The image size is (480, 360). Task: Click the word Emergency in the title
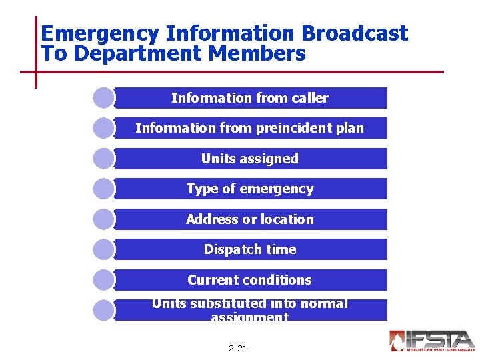tap(99, 33)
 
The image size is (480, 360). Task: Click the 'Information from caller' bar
tap(250, 98)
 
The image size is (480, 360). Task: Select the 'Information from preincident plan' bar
tap(250, 128)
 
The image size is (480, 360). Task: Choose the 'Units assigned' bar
tap(250, 159)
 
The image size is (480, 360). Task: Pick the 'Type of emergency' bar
tap(250, 189)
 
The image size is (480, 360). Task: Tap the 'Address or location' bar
tap(250, 219)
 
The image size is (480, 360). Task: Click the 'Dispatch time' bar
tap(250, 249)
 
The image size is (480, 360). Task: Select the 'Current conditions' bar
tap(250, 280)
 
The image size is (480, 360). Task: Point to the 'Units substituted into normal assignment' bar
tap(250, 310)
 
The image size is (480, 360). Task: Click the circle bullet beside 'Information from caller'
tap(103, 98)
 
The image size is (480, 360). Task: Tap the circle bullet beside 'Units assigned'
tap(103, 159)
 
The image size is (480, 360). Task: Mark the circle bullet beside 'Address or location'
tap(103, 219)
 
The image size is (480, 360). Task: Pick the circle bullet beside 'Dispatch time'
tap(103, 249)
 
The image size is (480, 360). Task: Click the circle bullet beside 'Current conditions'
tap(103, 280)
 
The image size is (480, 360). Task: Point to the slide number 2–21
tap(237, 348)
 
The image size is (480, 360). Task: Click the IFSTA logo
tap(432, 341)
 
